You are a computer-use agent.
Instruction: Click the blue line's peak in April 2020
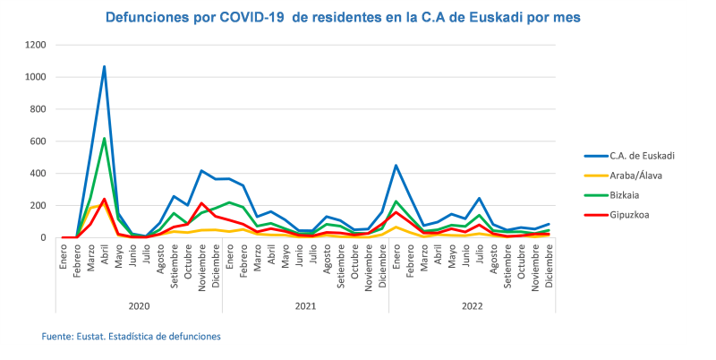(105, 66)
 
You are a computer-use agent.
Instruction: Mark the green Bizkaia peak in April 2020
(105, 139)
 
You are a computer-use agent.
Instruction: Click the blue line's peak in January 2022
(396, 166)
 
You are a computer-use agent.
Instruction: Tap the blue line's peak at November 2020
(201, 171)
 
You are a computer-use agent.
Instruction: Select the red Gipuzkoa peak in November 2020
(201, 203)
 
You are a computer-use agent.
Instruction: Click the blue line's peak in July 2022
(479, 199)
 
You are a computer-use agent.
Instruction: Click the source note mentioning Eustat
(132, 336)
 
